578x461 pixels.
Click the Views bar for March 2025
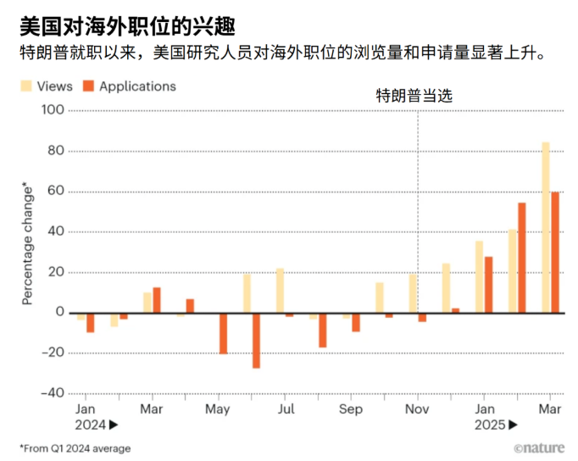546,227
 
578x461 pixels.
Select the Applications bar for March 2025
555,253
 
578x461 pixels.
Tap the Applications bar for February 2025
522,258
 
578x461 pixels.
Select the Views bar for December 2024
446,288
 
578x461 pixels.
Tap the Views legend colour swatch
27,86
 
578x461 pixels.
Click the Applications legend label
137,86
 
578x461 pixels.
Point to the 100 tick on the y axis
53,110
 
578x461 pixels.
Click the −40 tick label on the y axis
51,393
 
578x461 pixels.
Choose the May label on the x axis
218,408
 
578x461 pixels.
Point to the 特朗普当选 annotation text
414,96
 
